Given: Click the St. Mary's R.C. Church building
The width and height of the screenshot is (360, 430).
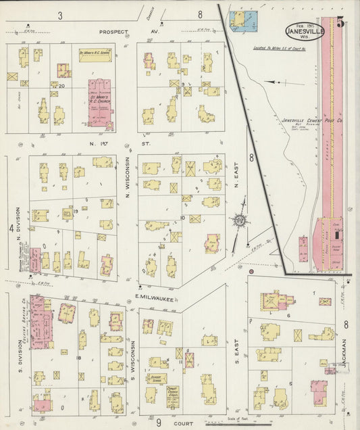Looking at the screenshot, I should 99,105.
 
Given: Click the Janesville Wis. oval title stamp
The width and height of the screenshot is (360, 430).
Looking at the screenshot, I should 304,31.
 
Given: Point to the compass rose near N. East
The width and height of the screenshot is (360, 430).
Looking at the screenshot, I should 239,220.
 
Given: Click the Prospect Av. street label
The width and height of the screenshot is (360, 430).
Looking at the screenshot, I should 119,32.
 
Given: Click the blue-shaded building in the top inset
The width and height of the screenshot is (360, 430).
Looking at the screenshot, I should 238,20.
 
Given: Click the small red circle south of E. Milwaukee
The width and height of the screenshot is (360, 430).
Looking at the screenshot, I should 251,271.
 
